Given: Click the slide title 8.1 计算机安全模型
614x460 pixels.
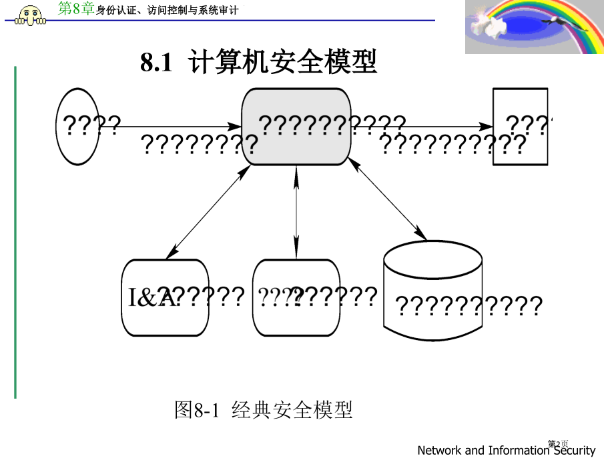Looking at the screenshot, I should pos(258,63).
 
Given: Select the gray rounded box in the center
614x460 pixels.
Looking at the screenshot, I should pos(296,126).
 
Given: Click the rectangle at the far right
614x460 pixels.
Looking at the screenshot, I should pos(520,126).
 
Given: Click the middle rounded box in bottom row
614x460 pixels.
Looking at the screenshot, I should pos(296,297).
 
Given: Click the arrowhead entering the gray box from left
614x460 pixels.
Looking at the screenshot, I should pos(236,126).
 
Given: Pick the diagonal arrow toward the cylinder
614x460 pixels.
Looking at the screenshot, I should pos(387,199).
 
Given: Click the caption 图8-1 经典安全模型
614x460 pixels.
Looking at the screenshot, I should pos(263,409).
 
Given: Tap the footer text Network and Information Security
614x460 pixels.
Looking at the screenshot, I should pos(505,451).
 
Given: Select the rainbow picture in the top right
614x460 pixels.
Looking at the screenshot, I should pos(534,27).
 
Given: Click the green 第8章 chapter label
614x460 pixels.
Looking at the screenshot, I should pos(77,9).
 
